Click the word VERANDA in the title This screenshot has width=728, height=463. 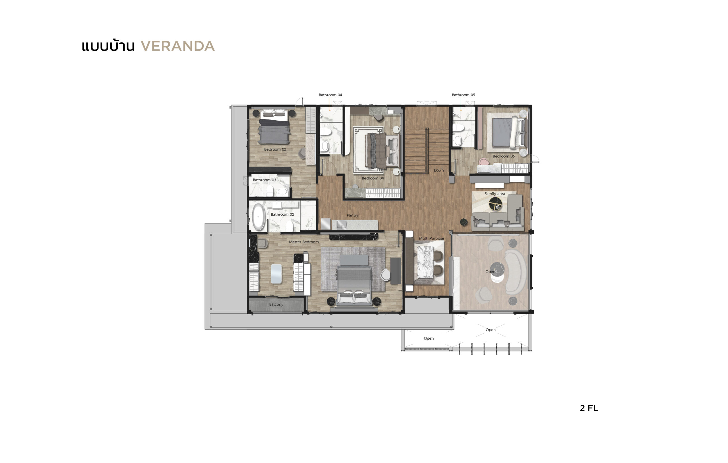coord(178,46)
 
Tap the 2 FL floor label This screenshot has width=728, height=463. coord(589,408)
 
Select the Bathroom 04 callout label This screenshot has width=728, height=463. coord(330,95)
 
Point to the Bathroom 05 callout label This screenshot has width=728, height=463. coord(463,95)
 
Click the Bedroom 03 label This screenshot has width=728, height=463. coord(275,149)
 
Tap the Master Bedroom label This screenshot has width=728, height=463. coord(303,242)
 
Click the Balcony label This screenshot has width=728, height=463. coord(276,304)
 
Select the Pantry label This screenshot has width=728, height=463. coord(352,215)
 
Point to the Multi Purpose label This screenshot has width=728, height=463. coord(431,238)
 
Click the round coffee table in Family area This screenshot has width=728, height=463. coord(495,204)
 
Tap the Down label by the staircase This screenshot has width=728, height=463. coord(439,170)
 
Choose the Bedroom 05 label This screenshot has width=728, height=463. coord(503,156)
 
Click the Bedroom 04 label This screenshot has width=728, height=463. coord(373,178)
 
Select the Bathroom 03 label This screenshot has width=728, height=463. coord(264,180)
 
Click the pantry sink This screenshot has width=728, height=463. coord(341,224)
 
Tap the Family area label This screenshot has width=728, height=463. coord(494,194)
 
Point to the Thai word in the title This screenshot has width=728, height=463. coord(108,46)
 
